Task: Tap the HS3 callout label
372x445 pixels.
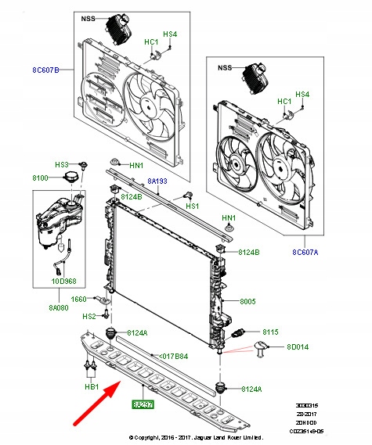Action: coord(61,165)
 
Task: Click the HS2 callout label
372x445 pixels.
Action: coord(88,317)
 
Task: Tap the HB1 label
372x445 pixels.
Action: coord(89,386)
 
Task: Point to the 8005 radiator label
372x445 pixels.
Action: coord(248,301)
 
